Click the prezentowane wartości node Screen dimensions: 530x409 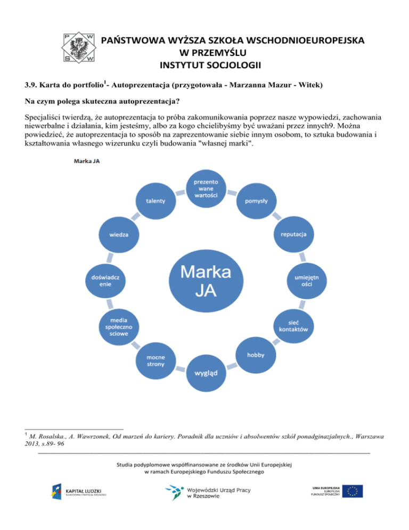(x=206, y=188)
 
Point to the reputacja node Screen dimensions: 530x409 (x=293, y=234)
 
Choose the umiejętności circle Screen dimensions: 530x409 (x=307, y=280)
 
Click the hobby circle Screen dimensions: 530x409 (x=255, y=355)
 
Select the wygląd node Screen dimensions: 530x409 (x=205, y=372)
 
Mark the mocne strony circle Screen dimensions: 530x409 (x=156, y=360)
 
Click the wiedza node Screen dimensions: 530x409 (x=118, y=235)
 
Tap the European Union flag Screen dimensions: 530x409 (x=353, y=491)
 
